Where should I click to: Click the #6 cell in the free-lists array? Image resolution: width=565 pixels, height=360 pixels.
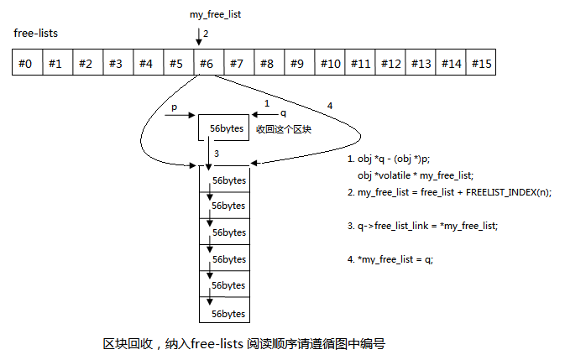pos(207,63)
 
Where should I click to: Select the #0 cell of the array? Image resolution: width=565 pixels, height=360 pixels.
pos(27,63)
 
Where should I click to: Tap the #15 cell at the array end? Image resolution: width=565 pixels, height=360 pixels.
pos(482,63)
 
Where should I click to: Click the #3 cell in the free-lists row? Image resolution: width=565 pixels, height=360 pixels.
pos(116,63)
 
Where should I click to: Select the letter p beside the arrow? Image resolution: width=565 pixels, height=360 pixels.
pos(174,108)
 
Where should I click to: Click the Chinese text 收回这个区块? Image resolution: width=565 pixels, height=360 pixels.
pos(284,129)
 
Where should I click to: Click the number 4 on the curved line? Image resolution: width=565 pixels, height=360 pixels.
pos(330,105)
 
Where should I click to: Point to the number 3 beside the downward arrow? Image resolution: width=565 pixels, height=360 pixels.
pos(217,154)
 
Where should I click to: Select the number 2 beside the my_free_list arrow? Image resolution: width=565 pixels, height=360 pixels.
pos(205,33)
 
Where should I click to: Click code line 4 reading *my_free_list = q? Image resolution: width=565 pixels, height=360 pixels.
pos(394,259)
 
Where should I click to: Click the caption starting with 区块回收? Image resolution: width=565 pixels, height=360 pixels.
pos(243,345)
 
